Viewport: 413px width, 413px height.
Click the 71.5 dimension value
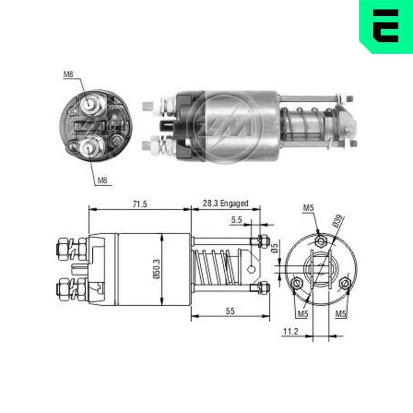click(x=140, y=204)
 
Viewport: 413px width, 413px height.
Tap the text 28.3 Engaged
click(x=225, y=203)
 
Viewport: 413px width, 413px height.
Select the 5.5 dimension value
click(x=237, y=221)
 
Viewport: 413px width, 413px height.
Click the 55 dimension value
click(x=230, y=311)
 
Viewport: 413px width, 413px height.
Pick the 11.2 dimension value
click(x=291, y=331)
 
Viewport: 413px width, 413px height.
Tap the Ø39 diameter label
click(x=337, y=221)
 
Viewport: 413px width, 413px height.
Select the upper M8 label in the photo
click(x=69, y=75)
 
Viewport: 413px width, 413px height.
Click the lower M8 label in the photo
click(x=103, y=180)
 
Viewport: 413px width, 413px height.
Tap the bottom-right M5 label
click(x=340, y=314)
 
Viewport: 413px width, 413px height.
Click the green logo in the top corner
click(x=385, y=26)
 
